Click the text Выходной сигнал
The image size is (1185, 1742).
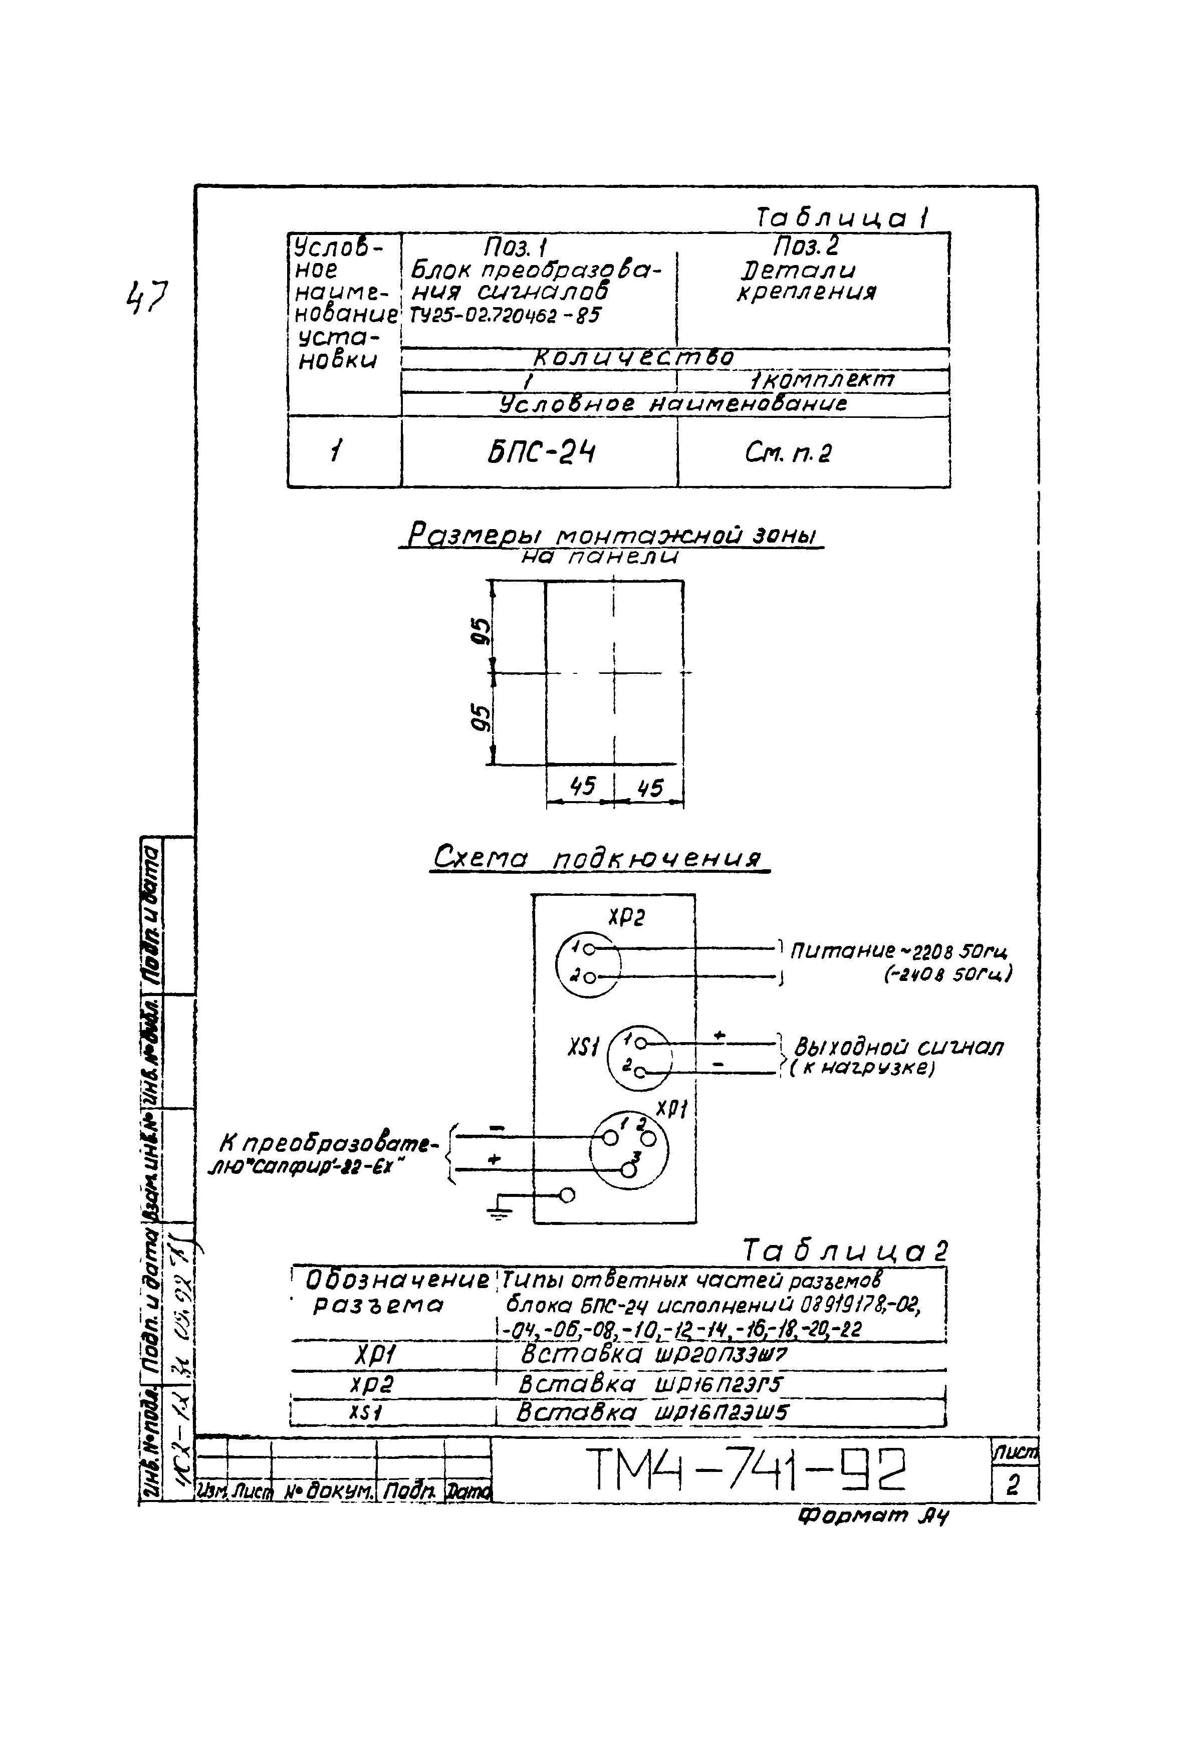click(898, 1047)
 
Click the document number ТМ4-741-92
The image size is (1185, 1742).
click(746, 1469)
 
